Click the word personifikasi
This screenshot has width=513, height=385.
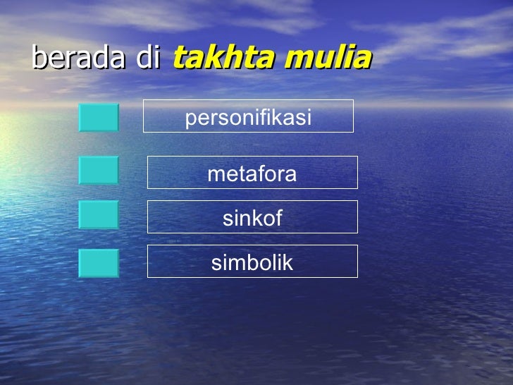point(248,118)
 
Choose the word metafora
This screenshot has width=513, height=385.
point(252,174)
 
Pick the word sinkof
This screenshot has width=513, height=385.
point(252,219)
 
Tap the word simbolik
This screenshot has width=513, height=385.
point(252,263)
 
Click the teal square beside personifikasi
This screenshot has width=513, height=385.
point(99,118)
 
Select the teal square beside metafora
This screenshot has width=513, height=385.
point(99,170)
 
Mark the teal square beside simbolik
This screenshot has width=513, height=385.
point(99,263)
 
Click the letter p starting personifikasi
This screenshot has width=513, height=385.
point(190,119)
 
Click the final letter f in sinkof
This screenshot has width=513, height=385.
point(278,219)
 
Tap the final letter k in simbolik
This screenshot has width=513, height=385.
point(288,263)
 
